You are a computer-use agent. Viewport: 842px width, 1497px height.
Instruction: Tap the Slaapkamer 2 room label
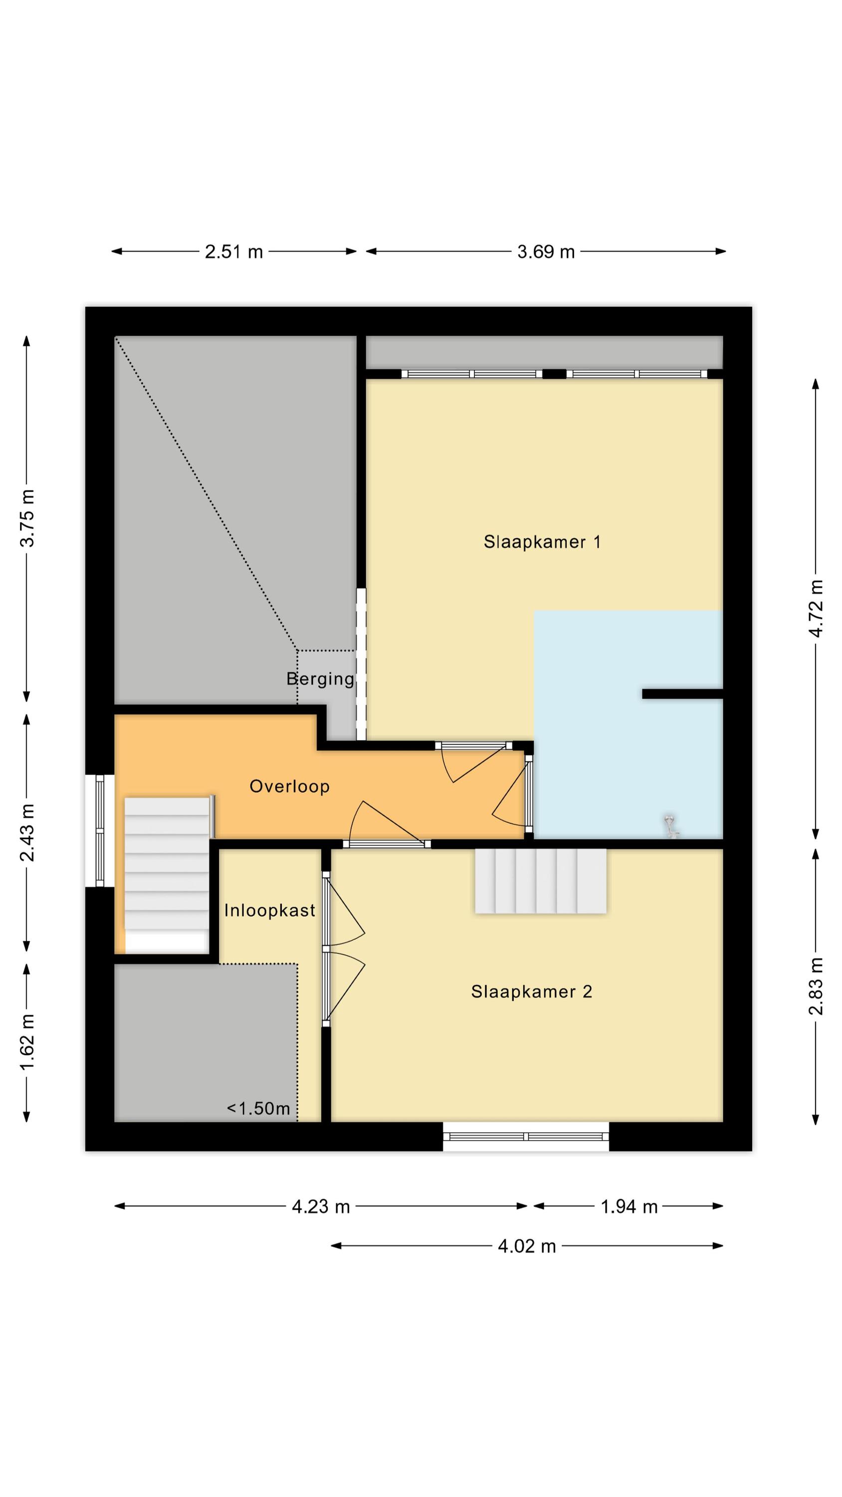coord(532,992)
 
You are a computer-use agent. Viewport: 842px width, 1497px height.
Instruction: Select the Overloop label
coord(289,786)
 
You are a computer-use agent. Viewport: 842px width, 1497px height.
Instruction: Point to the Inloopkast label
coord(270,910)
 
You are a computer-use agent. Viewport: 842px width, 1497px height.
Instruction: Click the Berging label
coord(320,679)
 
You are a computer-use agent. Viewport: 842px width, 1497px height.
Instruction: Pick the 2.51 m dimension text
coord(233,251)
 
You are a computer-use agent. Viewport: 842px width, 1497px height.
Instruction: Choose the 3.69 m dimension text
coord(546,251)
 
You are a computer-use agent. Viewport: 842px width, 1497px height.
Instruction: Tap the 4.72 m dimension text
coord(816,608)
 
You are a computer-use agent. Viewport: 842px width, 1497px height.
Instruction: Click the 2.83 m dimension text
coord(816,986)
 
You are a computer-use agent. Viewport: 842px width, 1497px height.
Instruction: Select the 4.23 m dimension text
coord(321,1207)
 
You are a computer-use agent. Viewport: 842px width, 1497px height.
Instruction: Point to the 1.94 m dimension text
coord(629,1207)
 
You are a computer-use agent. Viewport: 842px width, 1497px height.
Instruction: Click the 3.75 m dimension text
coord(27,518)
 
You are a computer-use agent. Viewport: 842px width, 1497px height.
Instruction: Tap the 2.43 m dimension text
coord(27,832)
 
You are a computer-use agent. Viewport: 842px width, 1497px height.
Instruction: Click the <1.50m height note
coord(258,1108)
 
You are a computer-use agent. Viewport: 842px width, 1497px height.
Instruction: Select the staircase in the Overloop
coord(167,874)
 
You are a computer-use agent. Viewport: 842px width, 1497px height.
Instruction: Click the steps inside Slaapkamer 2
coord(540,881)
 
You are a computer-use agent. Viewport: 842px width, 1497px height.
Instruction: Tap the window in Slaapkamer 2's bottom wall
coord(526,1137)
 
